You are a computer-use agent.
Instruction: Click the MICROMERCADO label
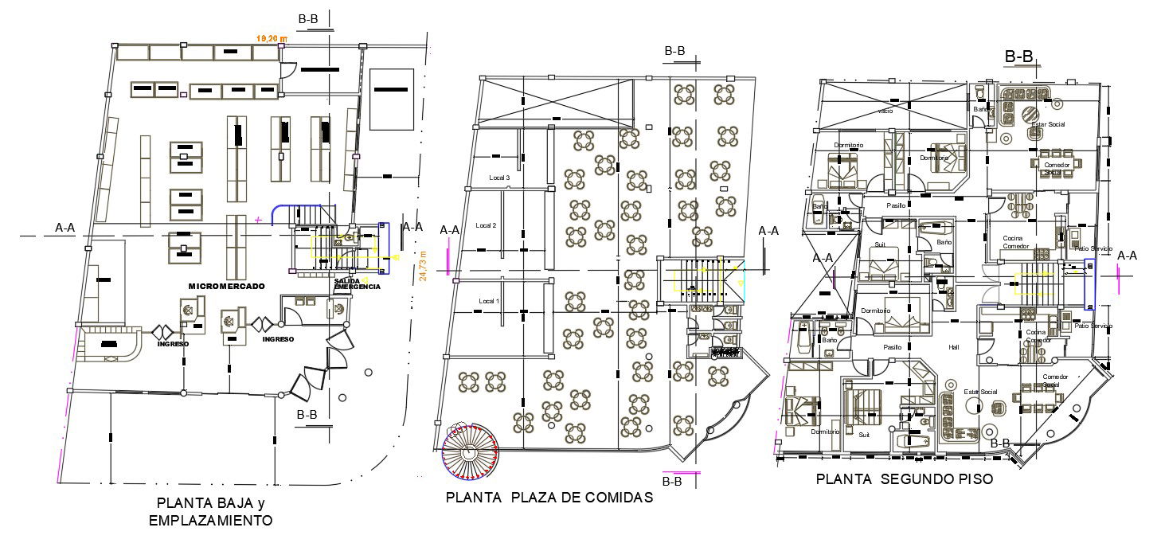click(226, 286)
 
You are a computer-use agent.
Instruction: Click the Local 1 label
click(489, 301)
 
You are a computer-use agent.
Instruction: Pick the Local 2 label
click(487, 226)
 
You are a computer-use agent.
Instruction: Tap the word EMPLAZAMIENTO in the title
click(211, 521)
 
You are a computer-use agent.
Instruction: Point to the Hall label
click(955, 347)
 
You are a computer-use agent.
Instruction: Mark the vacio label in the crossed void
click(885, 111)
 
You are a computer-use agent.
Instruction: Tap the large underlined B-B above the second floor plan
click(1019, 57)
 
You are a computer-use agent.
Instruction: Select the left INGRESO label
click(172, 344)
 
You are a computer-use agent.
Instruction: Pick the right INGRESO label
click(278, 339)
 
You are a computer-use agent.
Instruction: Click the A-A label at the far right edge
click(1127, 256)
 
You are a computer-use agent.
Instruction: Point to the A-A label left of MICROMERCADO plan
click(64, 229)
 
